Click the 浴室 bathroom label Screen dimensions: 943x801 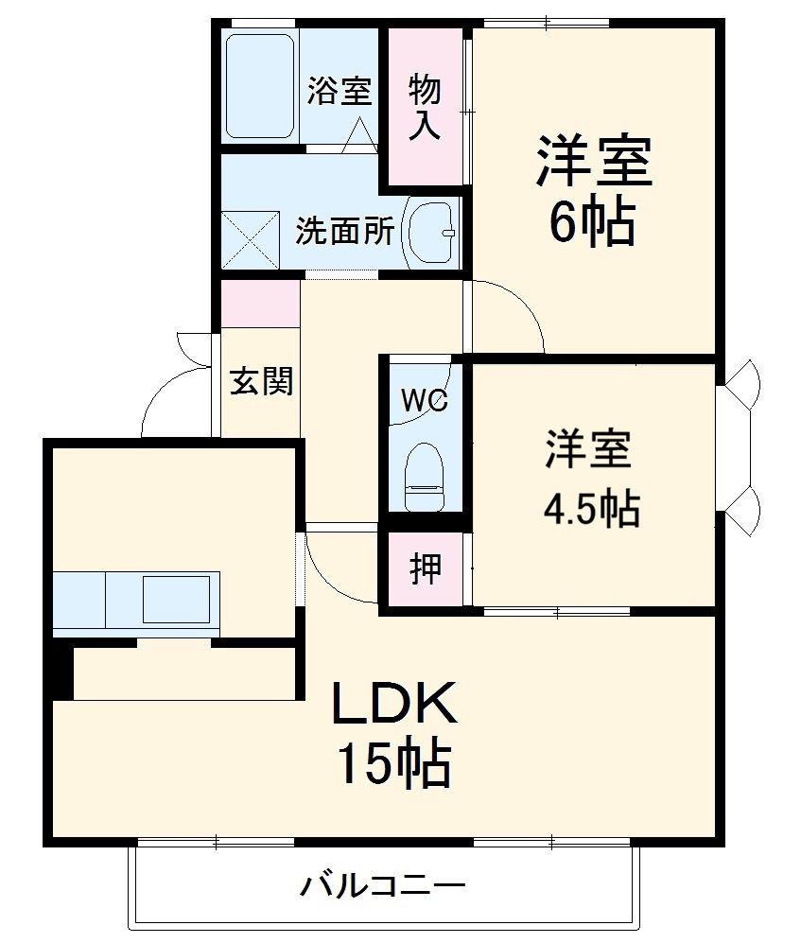coord(339,91)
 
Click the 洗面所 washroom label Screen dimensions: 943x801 coord(344,232)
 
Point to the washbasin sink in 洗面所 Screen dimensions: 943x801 coord(431,232)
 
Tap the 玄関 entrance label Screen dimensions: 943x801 coord(262,382)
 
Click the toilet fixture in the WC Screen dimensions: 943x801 coord(424,478)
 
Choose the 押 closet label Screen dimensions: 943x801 coord(425,569)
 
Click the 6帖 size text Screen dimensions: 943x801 coord(592,224)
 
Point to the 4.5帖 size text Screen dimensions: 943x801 coord(591,509)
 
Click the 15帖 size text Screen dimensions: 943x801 coord(393,764)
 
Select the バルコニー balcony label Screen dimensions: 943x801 coord(383,886)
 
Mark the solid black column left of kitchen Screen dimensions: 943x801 coord(61,669)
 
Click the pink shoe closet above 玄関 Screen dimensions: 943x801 coord(260,303)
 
